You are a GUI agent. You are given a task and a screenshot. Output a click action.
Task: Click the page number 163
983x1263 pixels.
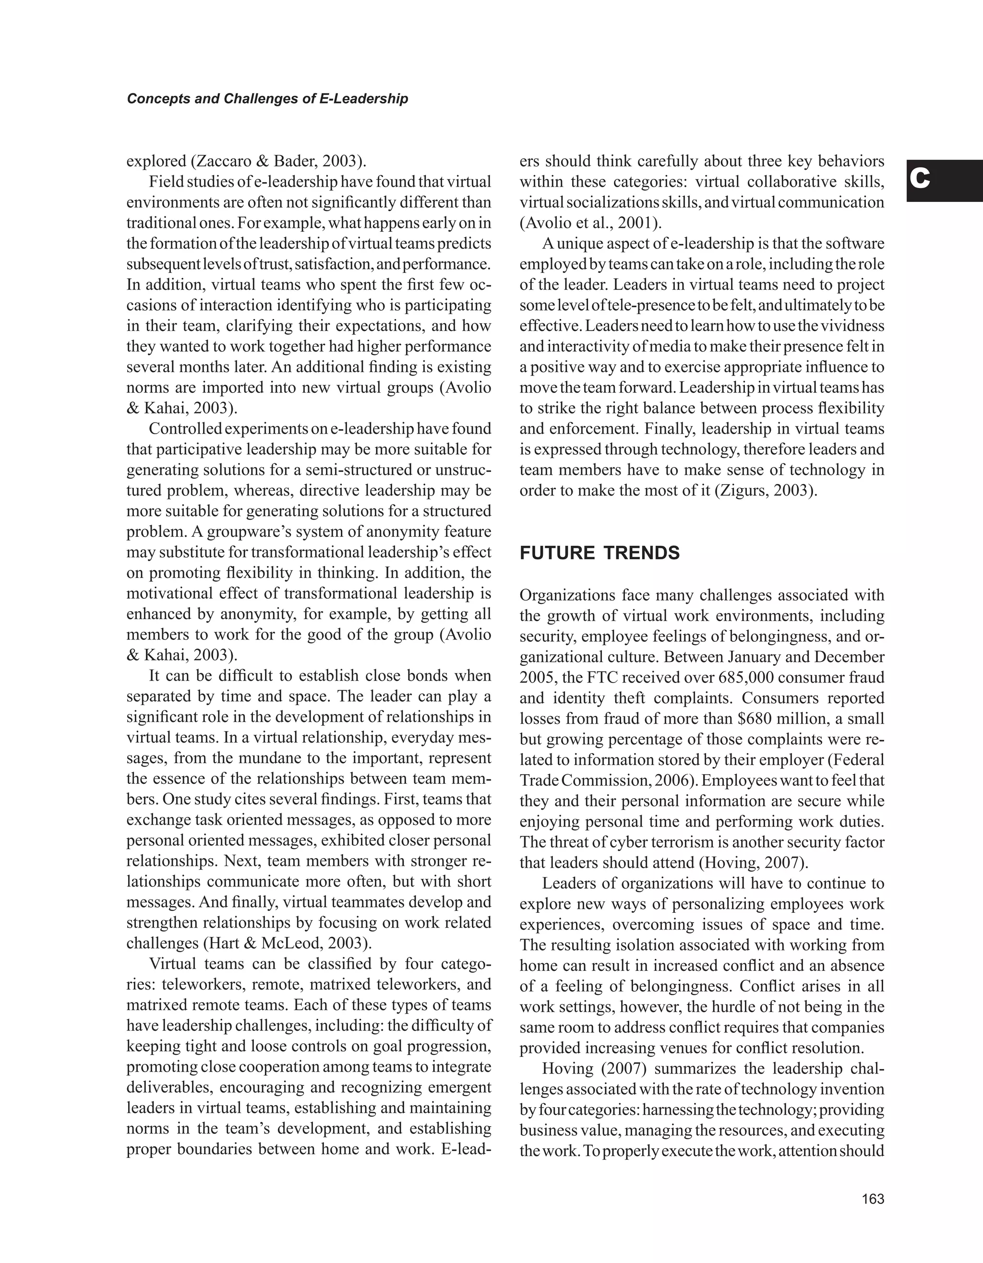pyautogui.click(x=873, y=1199)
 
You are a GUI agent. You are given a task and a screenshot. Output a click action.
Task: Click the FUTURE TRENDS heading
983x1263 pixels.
pyautogui.click(x=599, y=554)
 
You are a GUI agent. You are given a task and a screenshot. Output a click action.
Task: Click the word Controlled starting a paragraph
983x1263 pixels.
pyautogui.click(x=185, y=429)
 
